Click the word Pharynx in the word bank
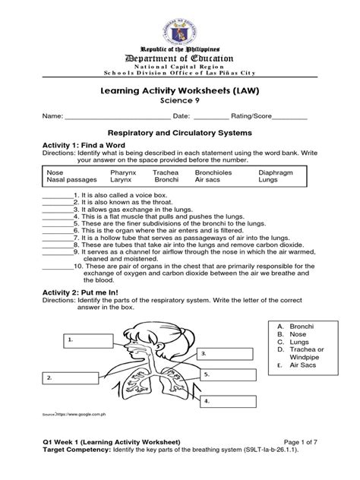(145, 173)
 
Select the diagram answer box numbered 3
(219, 354)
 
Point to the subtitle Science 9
(180, 99)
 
